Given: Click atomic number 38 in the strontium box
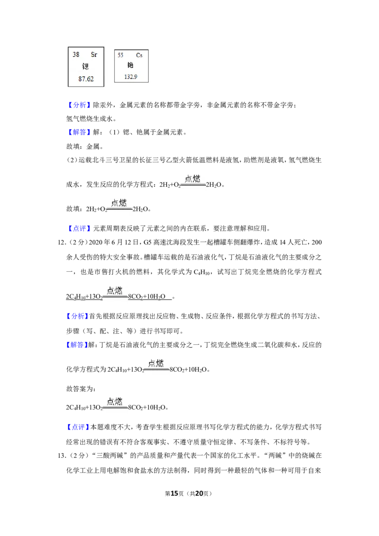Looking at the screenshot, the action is (x=76, y=55).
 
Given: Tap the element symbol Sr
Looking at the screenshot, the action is (x=94, y=55).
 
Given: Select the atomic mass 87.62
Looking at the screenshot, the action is (x=86, y=79).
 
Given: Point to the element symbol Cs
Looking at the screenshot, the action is (x=139, y=55).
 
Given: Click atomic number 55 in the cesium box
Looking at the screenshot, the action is (x=120, y=55).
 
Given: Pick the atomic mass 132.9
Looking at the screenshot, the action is (x=131, y=77).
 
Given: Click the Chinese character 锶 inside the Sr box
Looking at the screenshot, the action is (x=85, y=66).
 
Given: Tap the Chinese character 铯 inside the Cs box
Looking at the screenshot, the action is (x=130, y=65).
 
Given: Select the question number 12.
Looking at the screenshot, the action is (x=61, y=242).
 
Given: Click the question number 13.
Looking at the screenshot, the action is (x=61, y=456).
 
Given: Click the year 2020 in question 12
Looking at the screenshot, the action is (x=95, y=242).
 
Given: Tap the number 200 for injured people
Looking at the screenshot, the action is (x=317, y=242).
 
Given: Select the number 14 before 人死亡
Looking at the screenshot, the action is (x=282, y=242).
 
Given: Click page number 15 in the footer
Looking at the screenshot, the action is (x=174, y=493).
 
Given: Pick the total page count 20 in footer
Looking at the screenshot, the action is (x=199, y=493).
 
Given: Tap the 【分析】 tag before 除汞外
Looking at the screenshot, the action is (x=79, y=105).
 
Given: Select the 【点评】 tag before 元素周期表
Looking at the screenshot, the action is (x=79, y=229).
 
